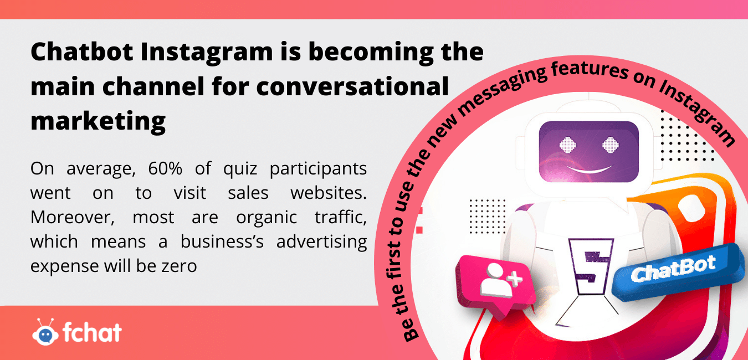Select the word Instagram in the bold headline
(x=207, y=53)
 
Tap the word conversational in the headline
(x=352, y=86)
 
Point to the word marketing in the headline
(x=98, y=122)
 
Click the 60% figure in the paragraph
(x=165, y=168)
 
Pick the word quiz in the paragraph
(x=240, y=169)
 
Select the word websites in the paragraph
(x=329, y=193)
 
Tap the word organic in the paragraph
(x=267, y=218)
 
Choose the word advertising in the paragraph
(x=321, y=242)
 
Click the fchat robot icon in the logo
(x=45, y=332)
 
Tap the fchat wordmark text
(x=93, y=332)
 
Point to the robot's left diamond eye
(x=568, y=145)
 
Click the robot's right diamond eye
(x=611, y=145)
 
